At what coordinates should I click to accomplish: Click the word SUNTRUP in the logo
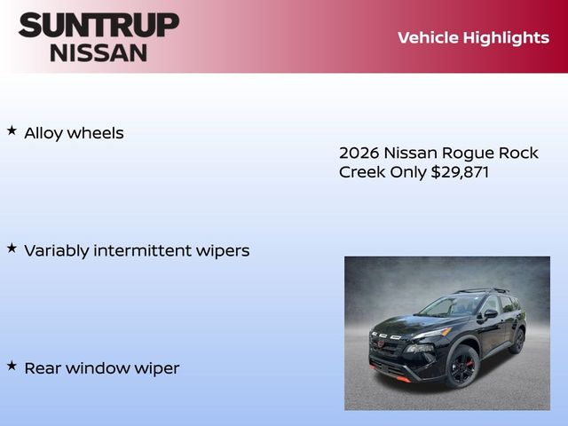pyautogui.click(x=99, y=25)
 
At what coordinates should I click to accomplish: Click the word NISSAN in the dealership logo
pyautogui.click(x=99, y=51)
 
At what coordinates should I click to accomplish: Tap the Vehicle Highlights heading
pyautogui.click(x=473, y=37)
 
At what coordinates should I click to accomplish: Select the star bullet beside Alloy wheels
pyautogui.click(x=12, y=130)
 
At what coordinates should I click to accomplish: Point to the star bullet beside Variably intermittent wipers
pyautogui.click(x=12, y=248)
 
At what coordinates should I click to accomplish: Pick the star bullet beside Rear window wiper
pyautogui.click(x=12, y=365)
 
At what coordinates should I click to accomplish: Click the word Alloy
pyautogui.click(x=43, y=133)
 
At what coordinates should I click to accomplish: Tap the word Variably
pyautogui.click(x=57, y=251)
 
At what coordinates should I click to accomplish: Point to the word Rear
pyautogui.click(x=41, y=367)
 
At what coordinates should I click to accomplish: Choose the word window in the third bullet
pyautogui.click(x=93, y=367)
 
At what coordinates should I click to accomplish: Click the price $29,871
pyautogui.click(x=460, y=172)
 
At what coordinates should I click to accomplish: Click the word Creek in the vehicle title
pyautogui.click(x=362, y=172)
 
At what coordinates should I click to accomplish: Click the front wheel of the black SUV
pyautogui.click(x=462, y=367)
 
